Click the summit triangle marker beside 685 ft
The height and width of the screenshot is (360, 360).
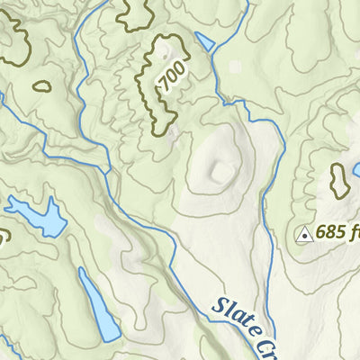coord(304,234)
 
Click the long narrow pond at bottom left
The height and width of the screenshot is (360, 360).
coord(98,306)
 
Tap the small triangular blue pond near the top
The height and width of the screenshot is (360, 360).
coord(204,41)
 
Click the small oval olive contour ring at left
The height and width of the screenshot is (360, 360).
coord(41,87)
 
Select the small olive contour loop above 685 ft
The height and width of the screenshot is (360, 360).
coord(339,181)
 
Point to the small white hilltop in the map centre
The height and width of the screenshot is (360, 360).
coord(219,169)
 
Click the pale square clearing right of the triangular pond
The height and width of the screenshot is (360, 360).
coord(236,67)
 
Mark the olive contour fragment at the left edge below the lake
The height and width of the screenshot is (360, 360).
coord(3,239)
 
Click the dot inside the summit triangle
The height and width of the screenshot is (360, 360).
coord(304,235)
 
